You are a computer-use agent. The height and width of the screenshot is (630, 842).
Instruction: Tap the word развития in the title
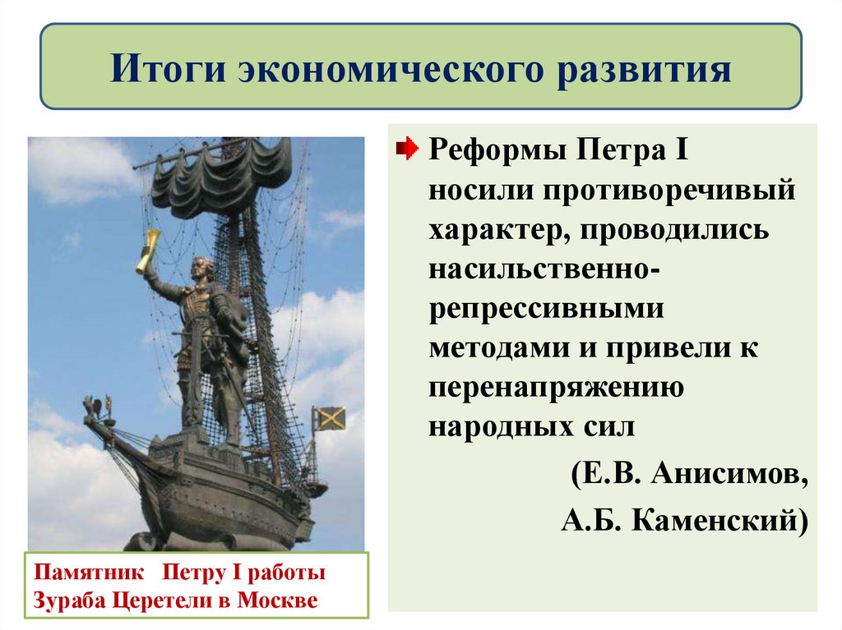tap(646, 69)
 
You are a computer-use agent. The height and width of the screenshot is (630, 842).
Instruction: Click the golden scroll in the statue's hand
tap(149, 251)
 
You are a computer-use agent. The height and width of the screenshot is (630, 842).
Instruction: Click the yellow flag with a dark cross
tap(330, 419)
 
